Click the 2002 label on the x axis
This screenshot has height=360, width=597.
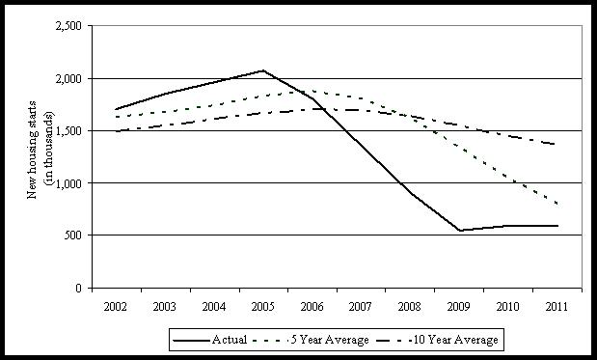click(116, 307)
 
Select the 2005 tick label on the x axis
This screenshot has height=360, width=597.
click(262, 307)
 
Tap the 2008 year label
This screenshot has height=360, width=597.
click(410, 307)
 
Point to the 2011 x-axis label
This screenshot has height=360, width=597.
click(556, 307)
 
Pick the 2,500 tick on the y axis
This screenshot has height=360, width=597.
click(68, 26)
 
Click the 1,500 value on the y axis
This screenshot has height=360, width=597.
click(68, 130)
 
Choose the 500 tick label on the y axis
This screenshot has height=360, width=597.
click(73, 235)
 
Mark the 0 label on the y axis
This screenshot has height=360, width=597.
click(78, 288)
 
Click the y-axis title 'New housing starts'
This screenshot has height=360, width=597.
click(33, 150)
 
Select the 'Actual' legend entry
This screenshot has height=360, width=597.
click(210, 340)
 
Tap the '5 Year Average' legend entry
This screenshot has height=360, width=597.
click(310, 340)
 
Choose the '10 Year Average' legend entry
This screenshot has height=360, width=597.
click(437, 340)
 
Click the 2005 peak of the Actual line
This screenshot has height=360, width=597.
click(263, 70)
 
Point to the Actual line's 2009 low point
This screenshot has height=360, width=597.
click(460, 230)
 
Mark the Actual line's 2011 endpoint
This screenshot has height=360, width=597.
click(557, 226)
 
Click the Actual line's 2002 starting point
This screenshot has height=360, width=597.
click(116, 109)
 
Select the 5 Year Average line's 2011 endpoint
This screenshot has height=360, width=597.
click(557, 205)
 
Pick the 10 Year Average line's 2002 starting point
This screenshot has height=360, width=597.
click(116, 131)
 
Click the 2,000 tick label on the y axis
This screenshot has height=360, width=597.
click(68, 79)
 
